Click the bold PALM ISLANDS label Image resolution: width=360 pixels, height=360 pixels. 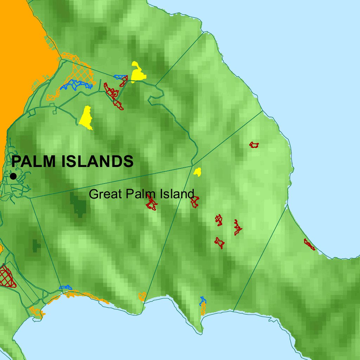click(72, 161)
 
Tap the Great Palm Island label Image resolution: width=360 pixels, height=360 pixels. click(141, 194)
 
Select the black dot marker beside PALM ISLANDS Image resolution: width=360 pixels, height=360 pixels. click(13, 176)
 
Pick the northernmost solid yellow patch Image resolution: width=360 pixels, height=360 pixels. click(137, 72)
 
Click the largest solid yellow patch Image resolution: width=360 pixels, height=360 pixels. click(86, 117)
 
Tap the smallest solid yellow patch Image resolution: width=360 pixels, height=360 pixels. click(198, 172)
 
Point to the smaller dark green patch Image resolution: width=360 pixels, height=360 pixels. click(36, 245)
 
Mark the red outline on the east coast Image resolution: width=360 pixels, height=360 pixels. click(309, 244)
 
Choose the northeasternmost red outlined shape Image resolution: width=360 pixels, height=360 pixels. click(254, 144)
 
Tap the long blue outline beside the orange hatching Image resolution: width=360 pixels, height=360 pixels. click(76, 85)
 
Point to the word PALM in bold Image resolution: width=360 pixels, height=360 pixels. click(35, 161)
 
